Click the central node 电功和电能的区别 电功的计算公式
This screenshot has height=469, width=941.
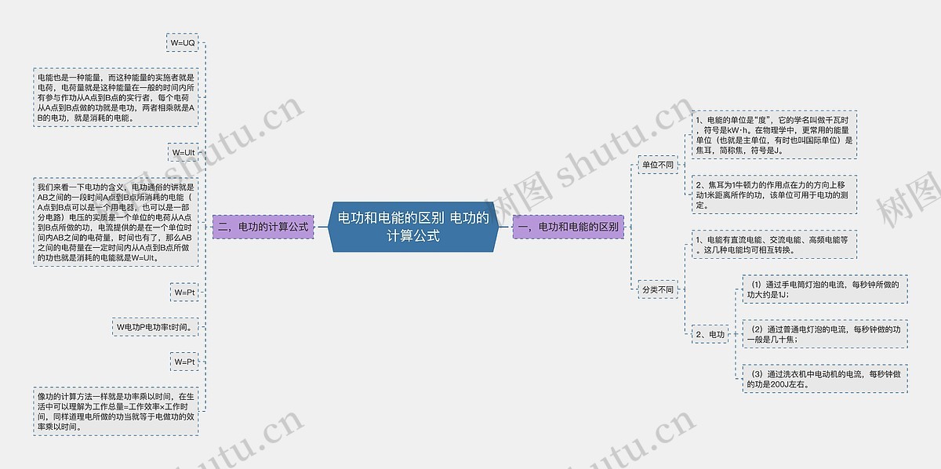[413, 226]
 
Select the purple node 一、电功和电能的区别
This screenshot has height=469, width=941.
[569, 227]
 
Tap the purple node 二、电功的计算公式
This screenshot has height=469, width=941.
[263, 227]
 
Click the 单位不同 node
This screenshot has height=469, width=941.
[657, 165]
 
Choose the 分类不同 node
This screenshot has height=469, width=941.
[657, 289]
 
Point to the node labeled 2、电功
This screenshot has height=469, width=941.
[710, 335]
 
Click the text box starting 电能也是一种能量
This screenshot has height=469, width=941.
[115, 97]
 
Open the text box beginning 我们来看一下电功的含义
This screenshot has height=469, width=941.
[115, 222]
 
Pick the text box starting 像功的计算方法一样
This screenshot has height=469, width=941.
[115, 412]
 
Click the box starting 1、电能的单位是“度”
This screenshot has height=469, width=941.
[773, 134]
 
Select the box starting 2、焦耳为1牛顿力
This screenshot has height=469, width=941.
[773, 194]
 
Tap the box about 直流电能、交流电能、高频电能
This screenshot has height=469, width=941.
[773, 245]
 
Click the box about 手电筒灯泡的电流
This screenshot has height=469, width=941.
[824, 289]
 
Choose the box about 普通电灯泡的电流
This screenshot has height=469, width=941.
[824, 334]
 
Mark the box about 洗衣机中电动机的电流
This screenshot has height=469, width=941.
[824, 379]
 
